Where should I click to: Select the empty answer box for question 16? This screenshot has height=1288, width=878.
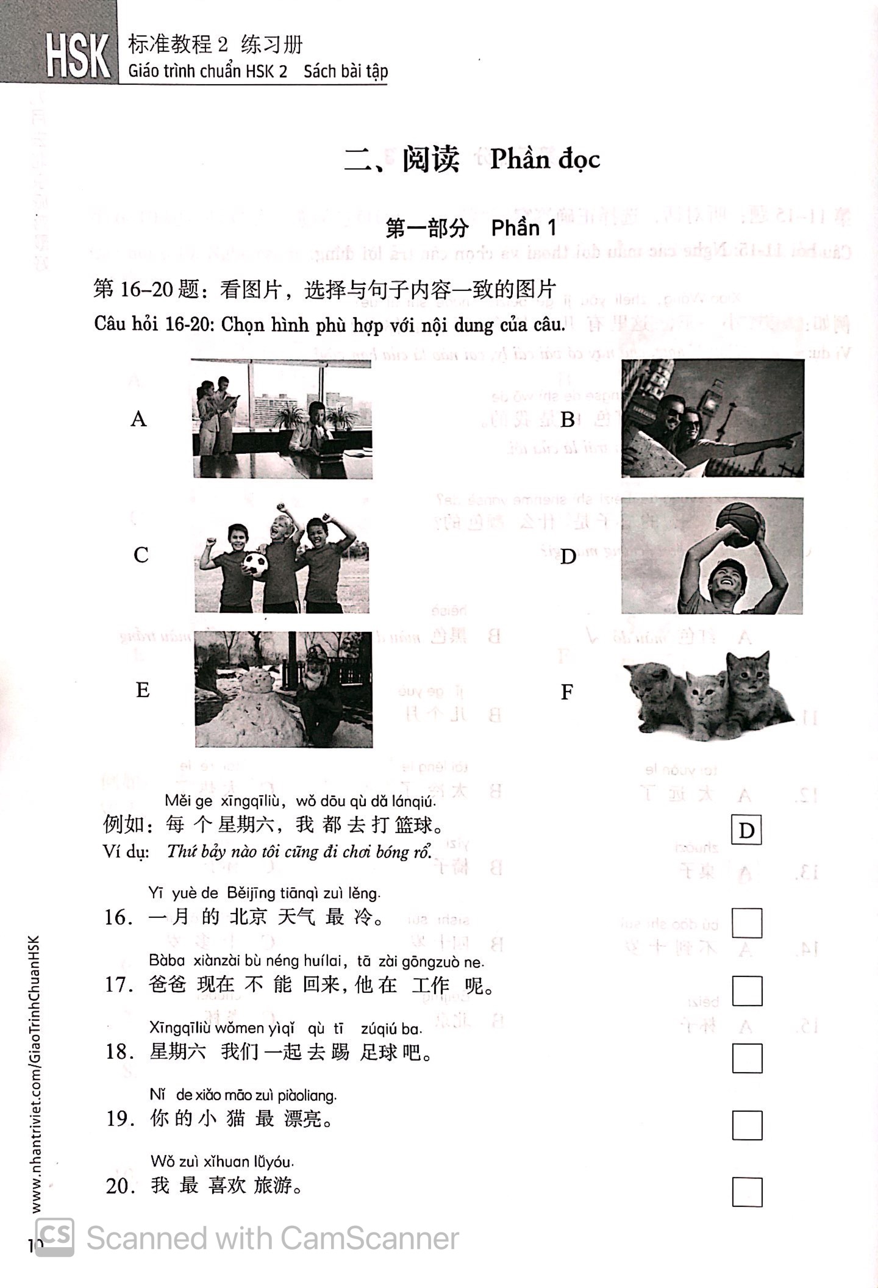click(x=747, y=923)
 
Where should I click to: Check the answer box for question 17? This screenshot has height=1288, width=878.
click(x=747, y=990)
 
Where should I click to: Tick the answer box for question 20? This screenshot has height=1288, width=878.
click(x=747, y=1192)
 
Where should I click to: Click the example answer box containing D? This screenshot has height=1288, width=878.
click(x=746, y=831)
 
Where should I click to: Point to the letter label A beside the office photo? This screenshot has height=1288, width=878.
click(x=139, y=420)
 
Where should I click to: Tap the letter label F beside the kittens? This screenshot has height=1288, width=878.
click(x=567, y=692)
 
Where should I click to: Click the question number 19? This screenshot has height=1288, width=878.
click(x=119, y=1118)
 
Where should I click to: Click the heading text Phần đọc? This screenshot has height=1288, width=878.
click(x=544, y=160)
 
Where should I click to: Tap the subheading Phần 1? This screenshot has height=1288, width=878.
click(x=524, y=229)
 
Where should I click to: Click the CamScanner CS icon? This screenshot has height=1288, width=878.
click(x=55, y=1237)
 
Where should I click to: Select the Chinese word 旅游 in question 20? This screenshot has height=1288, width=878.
click(x=277, y=1186)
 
